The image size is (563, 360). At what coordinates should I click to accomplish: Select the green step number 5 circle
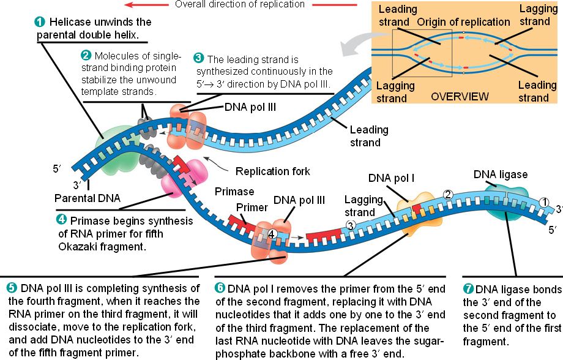pos(12,288)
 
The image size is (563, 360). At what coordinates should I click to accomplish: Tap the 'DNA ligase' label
pos(500,174)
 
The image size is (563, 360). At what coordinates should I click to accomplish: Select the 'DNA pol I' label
pos(391,178)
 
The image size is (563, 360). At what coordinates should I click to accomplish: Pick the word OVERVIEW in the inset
pos(460,97)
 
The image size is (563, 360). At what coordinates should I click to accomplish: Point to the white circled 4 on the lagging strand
pos(272,234)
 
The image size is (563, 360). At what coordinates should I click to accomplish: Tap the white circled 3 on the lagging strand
pos(351,225)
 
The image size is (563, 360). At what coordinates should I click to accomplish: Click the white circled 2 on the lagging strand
pos(447,194)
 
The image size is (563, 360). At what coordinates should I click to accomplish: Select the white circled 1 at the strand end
pos(545,202)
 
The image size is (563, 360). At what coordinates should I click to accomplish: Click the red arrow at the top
pos(135,4)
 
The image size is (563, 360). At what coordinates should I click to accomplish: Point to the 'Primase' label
pos(229,192)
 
